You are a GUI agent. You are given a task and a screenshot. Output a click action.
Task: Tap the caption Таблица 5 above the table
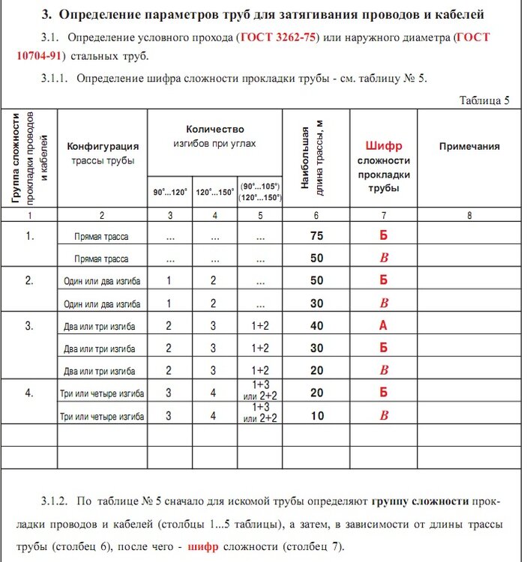(x=484, y=100)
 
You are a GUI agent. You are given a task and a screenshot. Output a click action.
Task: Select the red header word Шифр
(x=384, y=146)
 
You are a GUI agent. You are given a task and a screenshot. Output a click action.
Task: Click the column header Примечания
(x=469, y=146)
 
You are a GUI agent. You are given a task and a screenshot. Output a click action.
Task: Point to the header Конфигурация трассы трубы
(x=103, y=153)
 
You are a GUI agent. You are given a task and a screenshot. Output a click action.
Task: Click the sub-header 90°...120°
(x=170, y=193)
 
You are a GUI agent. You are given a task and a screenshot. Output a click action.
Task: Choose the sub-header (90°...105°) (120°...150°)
(x=260, y=192)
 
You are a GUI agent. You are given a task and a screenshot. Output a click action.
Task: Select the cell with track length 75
(x=316, y=235)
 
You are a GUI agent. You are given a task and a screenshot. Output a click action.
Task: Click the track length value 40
(x=316, y=326)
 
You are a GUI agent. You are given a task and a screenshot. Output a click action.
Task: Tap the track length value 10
(x=316, y=416)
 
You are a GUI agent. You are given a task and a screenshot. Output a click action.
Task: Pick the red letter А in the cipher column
(x=384, y=326)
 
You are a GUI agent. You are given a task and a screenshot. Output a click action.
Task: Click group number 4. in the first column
(x=30, y=391)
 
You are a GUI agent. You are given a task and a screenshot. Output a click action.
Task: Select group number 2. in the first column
(x=30, y=280)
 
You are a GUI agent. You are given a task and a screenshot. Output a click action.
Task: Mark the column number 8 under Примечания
(x=469, y=216)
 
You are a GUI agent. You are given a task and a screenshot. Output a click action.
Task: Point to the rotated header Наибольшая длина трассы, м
(x=316, y=158)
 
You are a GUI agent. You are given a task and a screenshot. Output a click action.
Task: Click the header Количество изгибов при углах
(x=214, y=136)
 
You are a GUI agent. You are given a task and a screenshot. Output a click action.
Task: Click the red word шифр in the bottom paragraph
(x=204, y=546)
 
